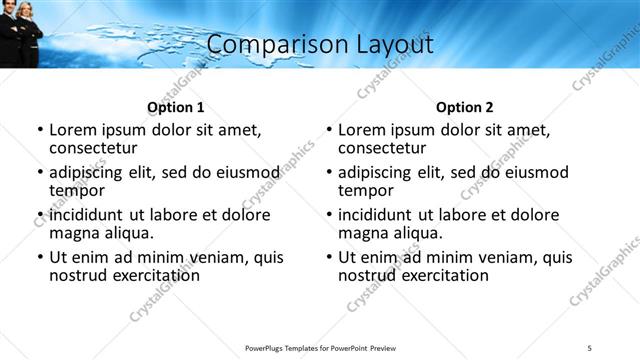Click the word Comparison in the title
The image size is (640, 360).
click(262, 44)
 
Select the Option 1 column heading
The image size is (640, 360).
click(176, 107)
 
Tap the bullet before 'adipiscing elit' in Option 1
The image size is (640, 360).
click(40, 173)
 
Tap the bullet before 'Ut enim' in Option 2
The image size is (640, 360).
click(329, 258)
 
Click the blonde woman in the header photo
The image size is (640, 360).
click(27, 25)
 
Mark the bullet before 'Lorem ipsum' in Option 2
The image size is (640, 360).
click(329, 131)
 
